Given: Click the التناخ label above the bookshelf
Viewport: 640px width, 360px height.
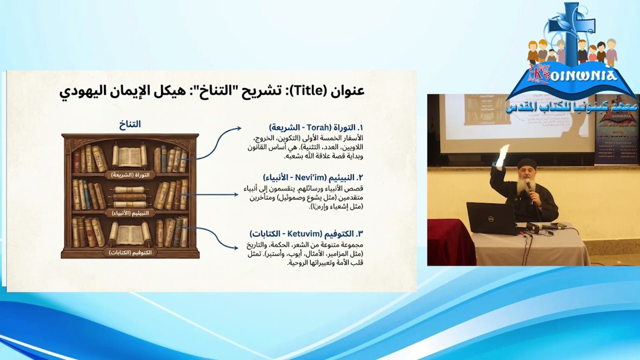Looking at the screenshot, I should click(130, 124).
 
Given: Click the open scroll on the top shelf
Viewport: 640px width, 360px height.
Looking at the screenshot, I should click(129, 156).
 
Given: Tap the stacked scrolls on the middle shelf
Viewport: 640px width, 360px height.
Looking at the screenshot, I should click(129, 196).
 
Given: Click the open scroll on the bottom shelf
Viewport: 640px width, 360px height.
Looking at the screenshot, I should click(129, 233).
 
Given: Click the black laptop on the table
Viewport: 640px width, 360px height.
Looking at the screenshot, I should click(489, 218).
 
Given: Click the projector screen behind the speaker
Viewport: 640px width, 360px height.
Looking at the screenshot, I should click(515, 122).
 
